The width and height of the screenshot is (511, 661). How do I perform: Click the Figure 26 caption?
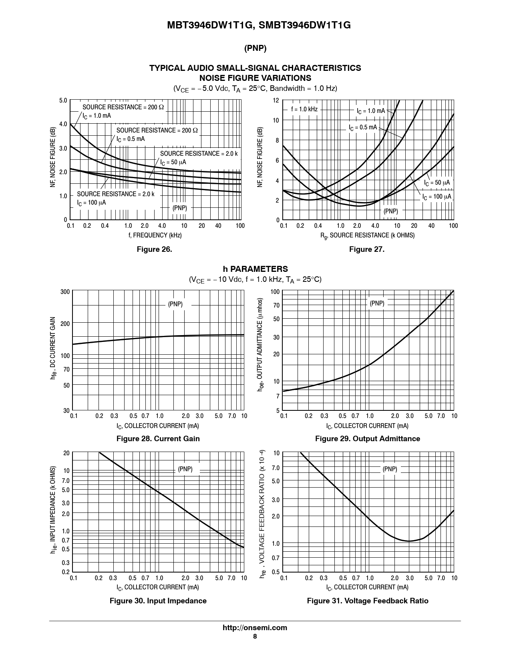(154, 249)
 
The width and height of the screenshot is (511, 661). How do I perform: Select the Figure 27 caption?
(366, 249)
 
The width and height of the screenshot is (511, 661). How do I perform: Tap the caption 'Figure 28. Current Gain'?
(158, 438)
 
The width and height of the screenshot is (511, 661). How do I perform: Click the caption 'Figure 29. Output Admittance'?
(367, 438)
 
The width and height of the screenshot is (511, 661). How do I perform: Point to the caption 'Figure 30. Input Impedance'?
(158, 601)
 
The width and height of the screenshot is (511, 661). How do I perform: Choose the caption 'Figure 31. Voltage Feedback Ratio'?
(367, 601)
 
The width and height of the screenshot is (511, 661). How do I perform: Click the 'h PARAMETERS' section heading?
(255, 269)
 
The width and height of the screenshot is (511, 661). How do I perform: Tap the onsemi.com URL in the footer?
(255, 628)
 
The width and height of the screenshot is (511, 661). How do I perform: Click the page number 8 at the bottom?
(255, 637)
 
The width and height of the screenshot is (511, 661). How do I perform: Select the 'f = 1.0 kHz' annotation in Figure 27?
(304, 109)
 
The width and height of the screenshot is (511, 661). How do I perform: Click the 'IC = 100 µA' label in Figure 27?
(437, 197)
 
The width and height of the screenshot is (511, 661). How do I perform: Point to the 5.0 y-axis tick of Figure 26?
(63, 100)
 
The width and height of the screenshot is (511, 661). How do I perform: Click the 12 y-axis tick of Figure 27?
(276, 100)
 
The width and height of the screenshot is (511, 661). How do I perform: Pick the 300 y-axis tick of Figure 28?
(65, 292)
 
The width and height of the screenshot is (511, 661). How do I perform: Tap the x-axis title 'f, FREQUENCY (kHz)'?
(155, 235)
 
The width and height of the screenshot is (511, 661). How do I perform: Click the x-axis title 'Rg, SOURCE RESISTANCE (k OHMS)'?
(367, 235)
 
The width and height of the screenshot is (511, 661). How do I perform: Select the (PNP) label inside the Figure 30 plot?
(185, 469)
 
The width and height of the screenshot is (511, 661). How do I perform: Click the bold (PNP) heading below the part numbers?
(255, 48)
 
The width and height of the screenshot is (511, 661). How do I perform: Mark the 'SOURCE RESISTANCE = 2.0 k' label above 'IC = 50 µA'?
(199, 154)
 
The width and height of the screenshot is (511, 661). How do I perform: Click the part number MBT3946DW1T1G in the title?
(210, 25)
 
